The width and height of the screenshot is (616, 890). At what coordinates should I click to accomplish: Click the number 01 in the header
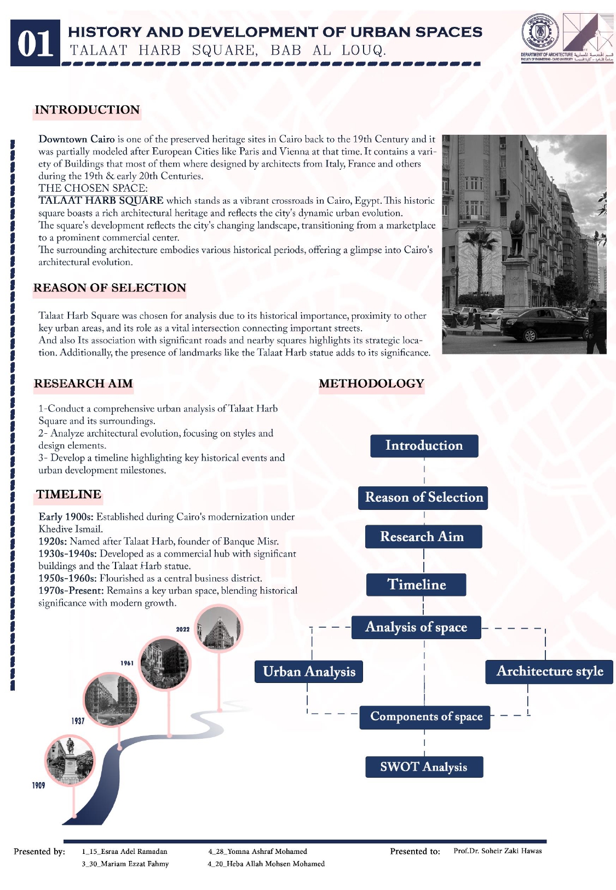click(35, 43)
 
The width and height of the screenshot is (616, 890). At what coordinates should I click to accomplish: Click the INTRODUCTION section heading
click(87, 110)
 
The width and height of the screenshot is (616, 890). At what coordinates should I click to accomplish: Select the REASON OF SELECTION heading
click(110, 288)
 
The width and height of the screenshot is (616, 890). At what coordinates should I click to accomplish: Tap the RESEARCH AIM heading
click(83, 383)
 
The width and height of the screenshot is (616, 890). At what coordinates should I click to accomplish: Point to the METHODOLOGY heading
click(371, 383)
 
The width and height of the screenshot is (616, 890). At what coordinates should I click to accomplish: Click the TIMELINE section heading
click(68, 495)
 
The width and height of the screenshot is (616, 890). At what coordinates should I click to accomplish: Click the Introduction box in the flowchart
click(424, 446)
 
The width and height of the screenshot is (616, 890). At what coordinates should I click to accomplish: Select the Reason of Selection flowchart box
click(423, 497)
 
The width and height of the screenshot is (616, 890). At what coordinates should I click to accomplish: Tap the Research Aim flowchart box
click(423, 537)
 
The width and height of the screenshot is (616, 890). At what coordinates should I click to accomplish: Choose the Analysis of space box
click(416, 627)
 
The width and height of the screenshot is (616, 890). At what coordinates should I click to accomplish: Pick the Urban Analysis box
click(309, 671)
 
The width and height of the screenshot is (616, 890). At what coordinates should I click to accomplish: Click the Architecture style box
click(549, 671)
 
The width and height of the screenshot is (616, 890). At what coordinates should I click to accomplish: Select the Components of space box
click(425, 717)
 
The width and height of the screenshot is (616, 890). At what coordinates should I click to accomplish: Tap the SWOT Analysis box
click(424, 767)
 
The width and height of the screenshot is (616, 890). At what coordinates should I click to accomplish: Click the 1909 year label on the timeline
click(38, 785)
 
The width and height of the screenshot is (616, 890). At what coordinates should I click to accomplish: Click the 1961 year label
click(127, 663)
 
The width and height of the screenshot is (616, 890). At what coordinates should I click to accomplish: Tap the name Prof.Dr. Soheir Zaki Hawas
click(497, 851)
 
